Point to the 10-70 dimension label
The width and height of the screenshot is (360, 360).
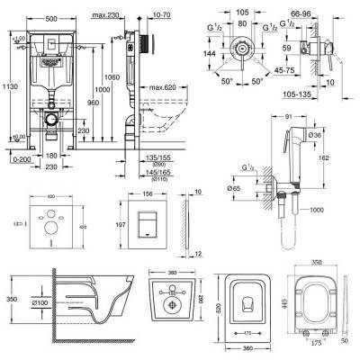pos(166,6)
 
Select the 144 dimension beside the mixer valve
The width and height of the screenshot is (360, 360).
pos(210,54)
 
